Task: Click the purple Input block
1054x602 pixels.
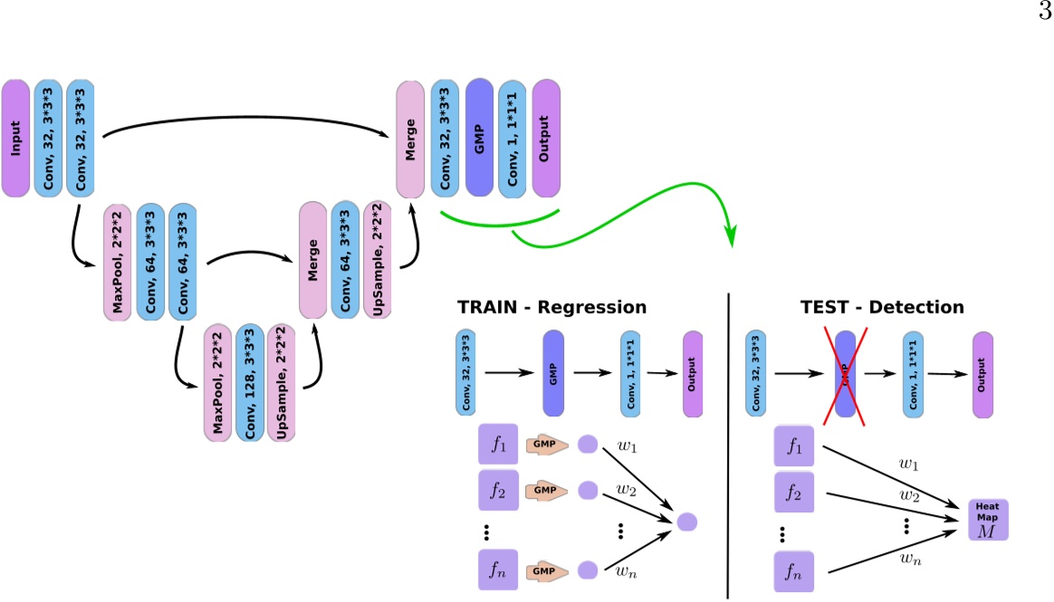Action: pos(15,138)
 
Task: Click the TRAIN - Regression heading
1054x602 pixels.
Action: pos(551,307)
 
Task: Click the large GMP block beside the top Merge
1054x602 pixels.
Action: pos(480,138)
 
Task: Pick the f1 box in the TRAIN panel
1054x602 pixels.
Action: pos(497,444)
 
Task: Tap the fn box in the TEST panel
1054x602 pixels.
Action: pos(794,572)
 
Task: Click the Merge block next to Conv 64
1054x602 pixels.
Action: pos(312,260)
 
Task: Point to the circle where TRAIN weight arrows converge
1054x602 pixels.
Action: pos(687,521)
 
